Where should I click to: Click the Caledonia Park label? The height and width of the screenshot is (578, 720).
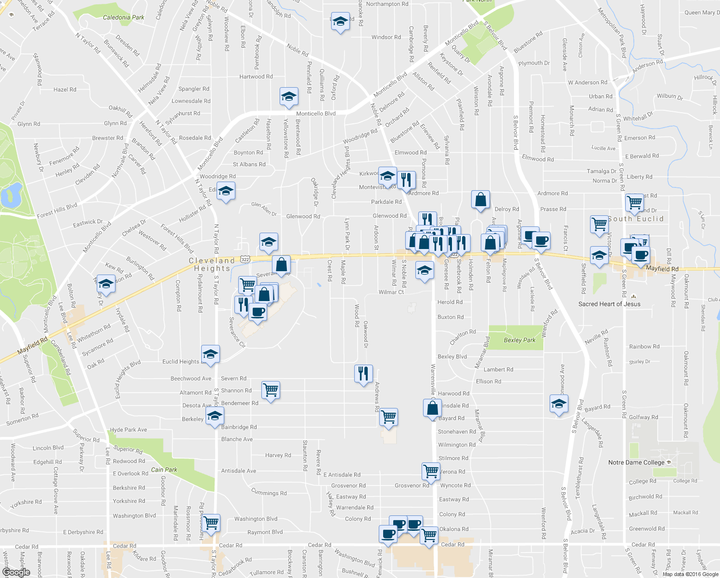[124, 17]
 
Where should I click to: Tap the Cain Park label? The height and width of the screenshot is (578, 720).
[164, 470]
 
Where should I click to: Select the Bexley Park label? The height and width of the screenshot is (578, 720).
[519, 340]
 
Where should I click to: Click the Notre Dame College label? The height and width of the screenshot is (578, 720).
[636, 462]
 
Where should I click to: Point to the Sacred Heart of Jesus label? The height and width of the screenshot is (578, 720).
[609, 304]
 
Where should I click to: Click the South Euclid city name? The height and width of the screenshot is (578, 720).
[635, 219]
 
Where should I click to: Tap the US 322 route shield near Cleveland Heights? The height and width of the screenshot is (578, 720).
[245, 259]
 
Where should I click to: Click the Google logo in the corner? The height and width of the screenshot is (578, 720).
[16, 572]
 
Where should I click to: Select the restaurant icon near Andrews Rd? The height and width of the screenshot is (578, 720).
[363, 374]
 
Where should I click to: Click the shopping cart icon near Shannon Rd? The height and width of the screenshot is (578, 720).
[271, 390]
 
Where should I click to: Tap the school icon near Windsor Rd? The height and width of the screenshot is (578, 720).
[340, 21]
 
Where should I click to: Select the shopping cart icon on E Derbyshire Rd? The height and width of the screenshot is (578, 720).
[211, 523]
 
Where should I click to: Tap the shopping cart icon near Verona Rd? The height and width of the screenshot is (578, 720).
[431, 471]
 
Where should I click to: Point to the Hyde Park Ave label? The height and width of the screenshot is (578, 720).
[129, 430]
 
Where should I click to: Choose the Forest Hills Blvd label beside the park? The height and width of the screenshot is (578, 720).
[57, 210]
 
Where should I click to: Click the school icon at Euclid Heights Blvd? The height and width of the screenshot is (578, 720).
[210, 355]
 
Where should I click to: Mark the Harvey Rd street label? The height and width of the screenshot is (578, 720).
[278, 455]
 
